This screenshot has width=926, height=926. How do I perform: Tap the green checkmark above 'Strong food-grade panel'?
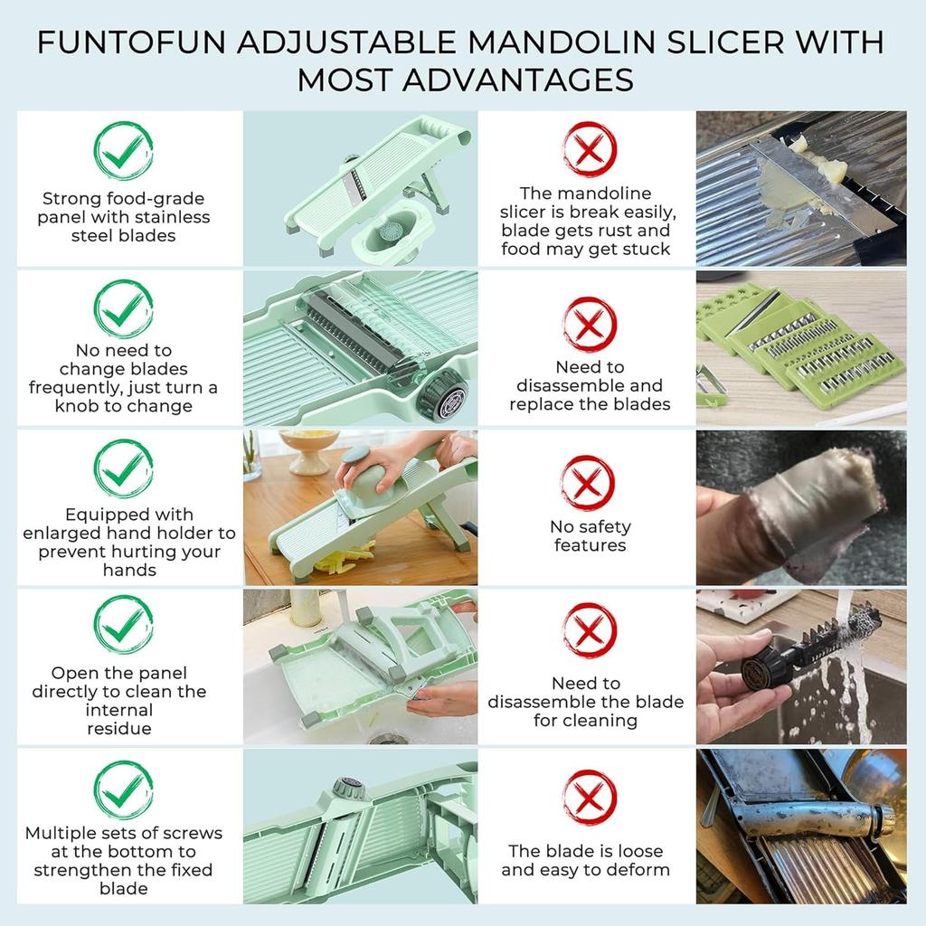coord(123,151)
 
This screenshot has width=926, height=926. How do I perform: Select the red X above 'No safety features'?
coord(589,482)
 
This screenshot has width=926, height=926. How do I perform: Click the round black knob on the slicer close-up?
coord(446,396)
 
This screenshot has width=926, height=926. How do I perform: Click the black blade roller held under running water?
coord(814,646)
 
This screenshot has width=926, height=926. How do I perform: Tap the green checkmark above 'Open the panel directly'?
coord(123,624)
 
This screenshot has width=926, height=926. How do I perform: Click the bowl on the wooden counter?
coord(309,449)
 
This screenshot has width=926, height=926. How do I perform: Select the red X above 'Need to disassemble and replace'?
coord(589,324)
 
